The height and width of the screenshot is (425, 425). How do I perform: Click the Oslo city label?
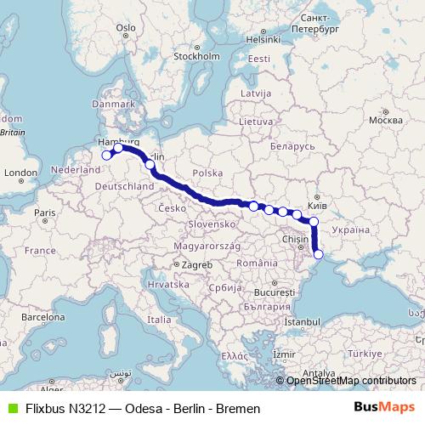126,27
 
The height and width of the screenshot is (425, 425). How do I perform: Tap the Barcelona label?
42,317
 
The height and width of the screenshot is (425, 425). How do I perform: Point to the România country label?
258,263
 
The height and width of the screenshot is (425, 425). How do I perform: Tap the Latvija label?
255,92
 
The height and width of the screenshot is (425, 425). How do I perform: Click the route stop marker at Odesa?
319,254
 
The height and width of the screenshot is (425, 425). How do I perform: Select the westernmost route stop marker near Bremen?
107,155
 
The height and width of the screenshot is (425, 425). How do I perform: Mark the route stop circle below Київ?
314,222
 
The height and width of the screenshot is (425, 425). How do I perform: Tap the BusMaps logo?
384,407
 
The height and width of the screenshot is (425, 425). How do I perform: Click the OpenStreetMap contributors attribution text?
351,381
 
